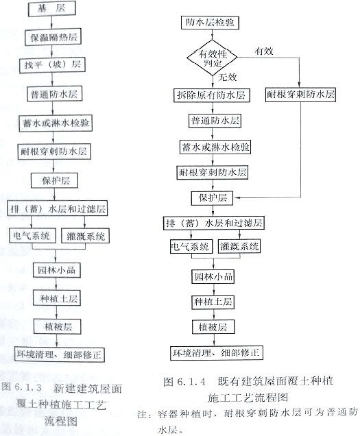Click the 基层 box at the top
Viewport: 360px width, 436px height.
pos(51,8)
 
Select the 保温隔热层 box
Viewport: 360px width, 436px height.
pos(53,37)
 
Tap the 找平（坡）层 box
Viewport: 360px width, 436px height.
pos(52,65)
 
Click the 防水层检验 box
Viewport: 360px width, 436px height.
pos(210,22)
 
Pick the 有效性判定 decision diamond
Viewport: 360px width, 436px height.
pos(212,58)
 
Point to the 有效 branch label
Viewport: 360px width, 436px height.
pos(264,51)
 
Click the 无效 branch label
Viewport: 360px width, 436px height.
pos(227,77)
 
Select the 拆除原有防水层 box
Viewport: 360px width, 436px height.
pos(211,95)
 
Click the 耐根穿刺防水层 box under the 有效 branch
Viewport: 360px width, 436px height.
pos(300,95)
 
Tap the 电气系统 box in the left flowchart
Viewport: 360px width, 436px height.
pos(32,236)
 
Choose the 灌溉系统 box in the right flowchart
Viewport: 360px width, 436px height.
pos(239,246)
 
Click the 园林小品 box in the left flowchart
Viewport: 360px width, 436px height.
pos(57,270)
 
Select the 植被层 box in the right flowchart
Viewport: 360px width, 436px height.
pos(213,327)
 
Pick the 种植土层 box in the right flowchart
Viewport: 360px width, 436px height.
pos(213,302)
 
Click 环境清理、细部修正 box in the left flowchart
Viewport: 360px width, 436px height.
pos(59,354)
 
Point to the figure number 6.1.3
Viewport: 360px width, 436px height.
pos(28,387)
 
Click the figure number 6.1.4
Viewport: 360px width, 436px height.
pos(191,381)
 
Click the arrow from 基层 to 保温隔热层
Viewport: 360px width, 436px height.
pos(51,22)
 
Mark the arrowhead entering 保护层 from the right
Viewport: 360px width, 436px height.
pos(237,197)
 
